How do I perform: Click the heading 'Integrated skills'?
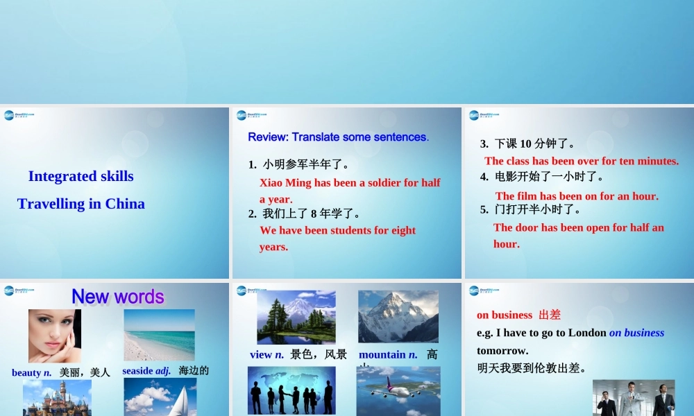pos(81,176)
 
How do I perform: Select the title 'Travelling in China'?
pos(81,204)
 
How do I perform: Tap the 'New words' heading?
pos(118,297)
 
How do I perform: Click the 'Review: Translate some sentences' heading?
pos(337,137)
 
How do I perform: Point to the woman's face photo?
pos(54,335)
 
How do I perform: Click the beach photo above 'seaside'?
pos(159,335)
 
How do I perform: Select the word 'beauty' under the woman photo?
pos(27,373)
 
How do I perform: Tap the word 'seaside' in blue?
pos(138,371)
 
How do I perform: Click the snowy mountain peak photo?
pos(398,317)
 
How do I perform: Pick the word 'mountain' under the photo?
pos(382,355)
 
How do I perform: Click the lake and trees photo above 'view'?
pos(296,317)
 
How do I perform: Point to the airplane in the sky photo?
pos(398,390)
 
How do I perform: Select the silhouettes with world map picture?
pos(291,390)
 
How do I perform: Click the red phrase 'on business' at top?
pos(505,315)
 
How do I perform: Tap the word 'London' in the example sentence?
pos(587,333)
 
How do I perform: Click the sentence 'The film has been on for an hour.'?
pos(577,196)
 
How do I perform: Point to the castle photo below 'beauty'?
pos(57,399)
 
